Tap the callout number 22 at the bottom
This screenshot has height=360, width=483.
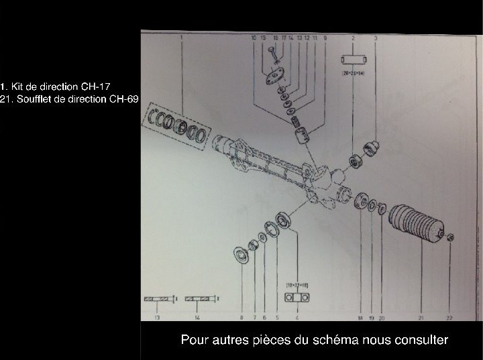pos(450,318)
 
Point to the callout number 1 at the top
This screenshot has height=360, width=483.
pos(181,38)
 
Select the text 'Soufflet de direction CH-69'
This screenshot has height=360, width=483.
pos(73,99)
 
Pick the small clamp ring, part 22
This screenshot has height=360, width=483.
pos(450,236)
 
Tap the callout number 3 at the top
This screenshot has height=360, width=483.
pos(375,38)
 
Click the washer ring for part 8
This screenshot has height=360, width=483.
pos(240,254)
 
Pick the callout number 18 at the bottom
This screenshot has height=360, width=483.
pos(360,318)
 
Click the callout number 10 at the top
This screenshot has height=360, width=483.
pos(254,39)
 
